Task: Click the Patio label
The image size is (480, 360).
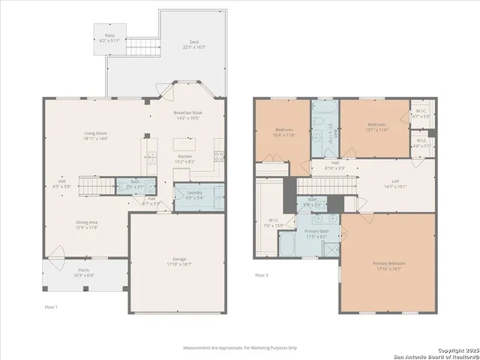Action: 109,35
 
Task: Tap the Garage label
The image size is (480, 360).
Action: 175,259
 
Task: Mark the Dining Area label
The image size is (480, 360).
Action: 87,222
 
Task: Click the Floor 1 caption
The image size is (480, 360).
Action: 51,307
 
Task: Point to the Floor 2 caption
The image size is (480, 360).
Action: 262,275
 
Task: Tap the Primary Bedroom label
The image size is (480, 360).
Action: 388,263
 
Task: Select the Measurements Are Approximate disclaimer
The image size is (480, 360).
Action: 240,347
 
